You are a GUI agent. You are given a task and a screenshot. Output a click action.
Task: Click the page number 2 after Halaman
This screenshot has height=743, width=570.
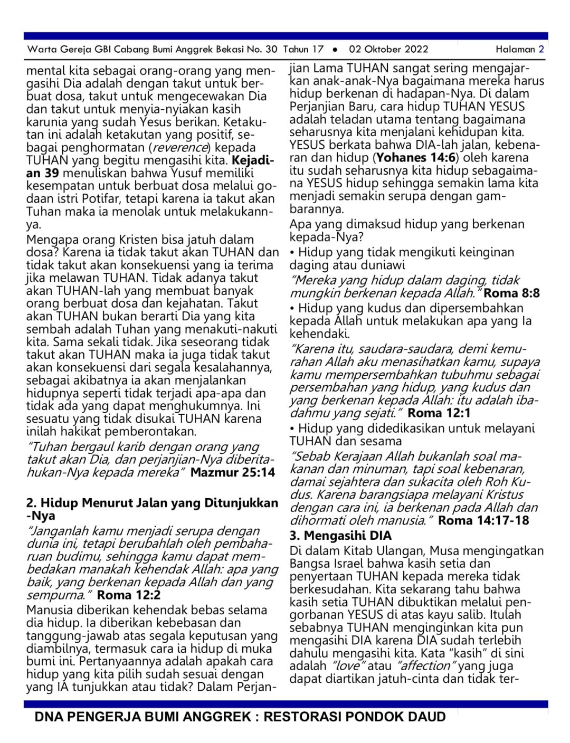541,50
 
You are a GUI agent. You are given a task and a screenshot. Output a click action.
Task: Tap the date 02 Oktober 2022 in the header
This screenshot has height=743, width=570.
388,50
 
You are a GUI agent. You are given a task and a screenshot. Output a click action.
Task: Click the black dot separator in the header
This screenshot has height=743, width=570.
335,50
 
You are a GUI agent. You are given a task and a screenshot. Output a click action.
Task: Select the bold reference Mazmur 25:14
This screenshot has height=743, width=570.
233,472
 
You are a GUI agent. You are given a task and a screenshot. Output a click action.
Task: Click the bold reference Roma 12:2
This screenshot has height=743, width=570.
129,595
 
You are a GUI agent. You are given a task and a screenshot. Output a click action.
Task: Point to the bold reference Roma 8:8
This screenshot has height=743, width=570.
511,293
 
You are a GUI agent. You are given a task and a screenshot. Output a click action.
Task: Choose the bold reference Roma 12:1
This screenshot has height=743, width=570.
439,413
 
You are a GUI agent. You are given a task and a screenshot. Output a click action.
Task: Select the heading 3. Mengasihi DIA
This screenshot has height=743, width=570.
340,536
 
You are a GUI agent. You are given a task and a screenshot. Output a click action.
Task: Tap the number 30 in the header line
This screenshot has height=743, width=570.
271,50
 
